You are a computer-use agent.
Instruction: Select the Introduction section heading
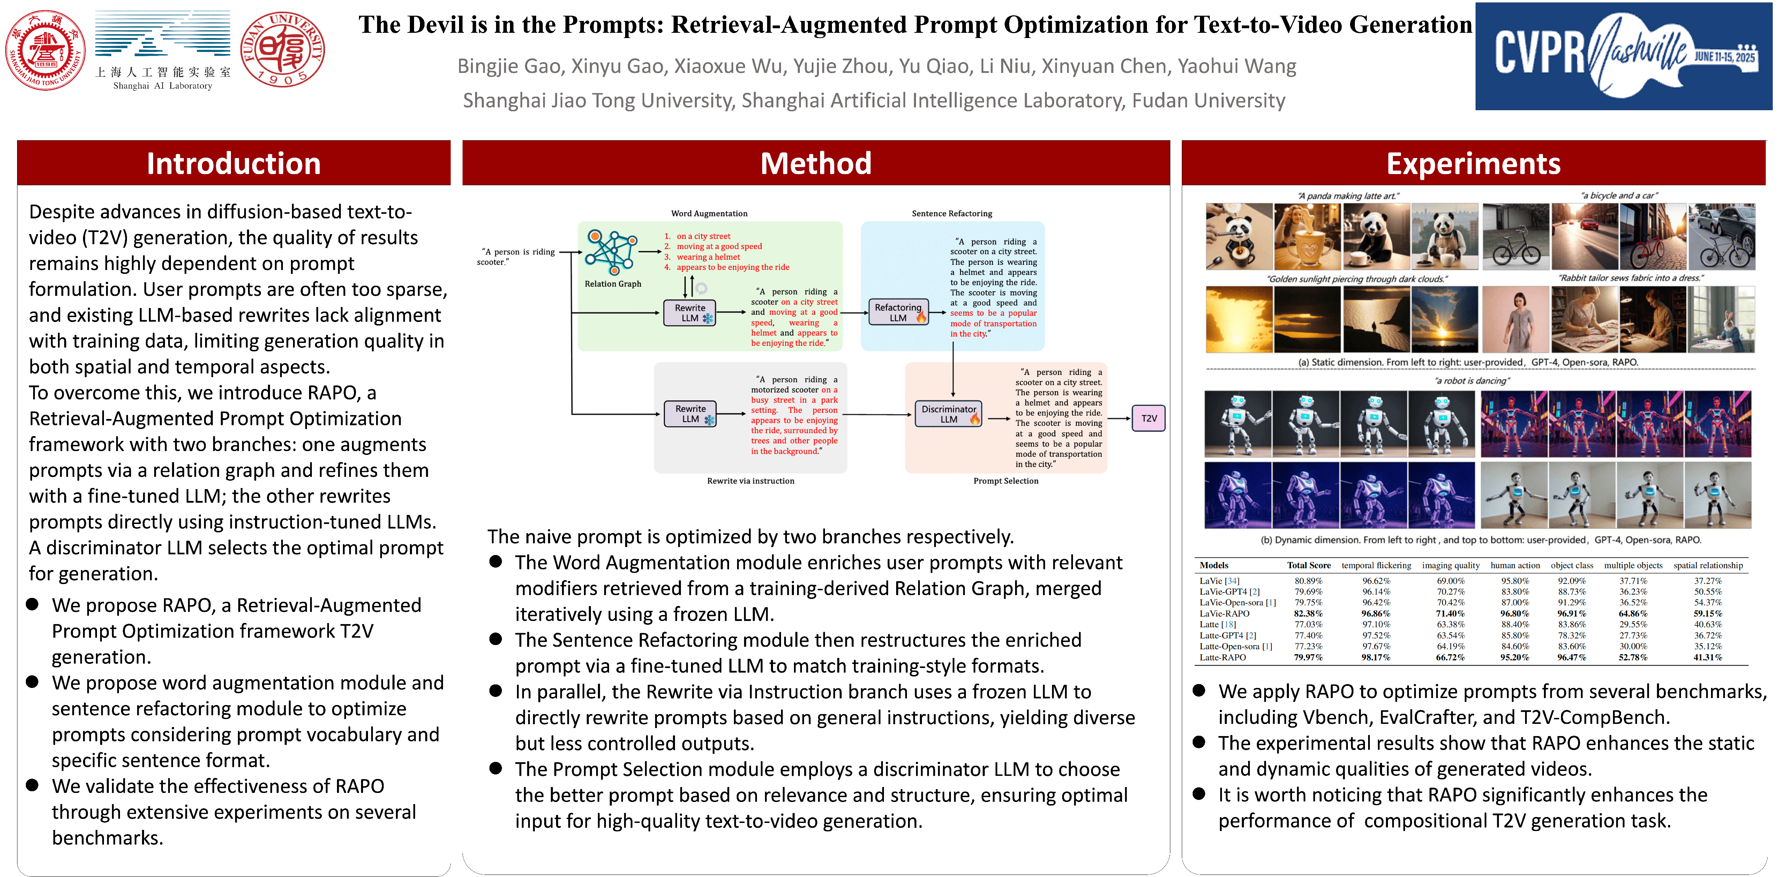[x=234, y=164]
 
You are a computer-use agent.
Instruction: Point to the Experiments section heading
[x=1473, y=164]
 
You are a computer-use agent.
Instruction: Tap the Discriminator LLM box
[x=948, y=414]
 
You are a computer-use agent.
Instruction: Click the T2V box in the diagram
[x=1149, y=418]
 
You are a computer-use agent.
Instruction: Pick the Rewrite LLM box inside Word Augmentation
[x=690, y=313]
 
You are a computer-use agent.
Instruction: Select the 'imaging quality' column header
[x=1450, y=566]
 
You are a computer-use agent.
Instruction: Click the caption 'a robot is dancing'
[x=1472, y=381]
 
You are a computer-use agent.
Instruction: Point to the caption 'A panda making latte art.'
[x=1348, y=196]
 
